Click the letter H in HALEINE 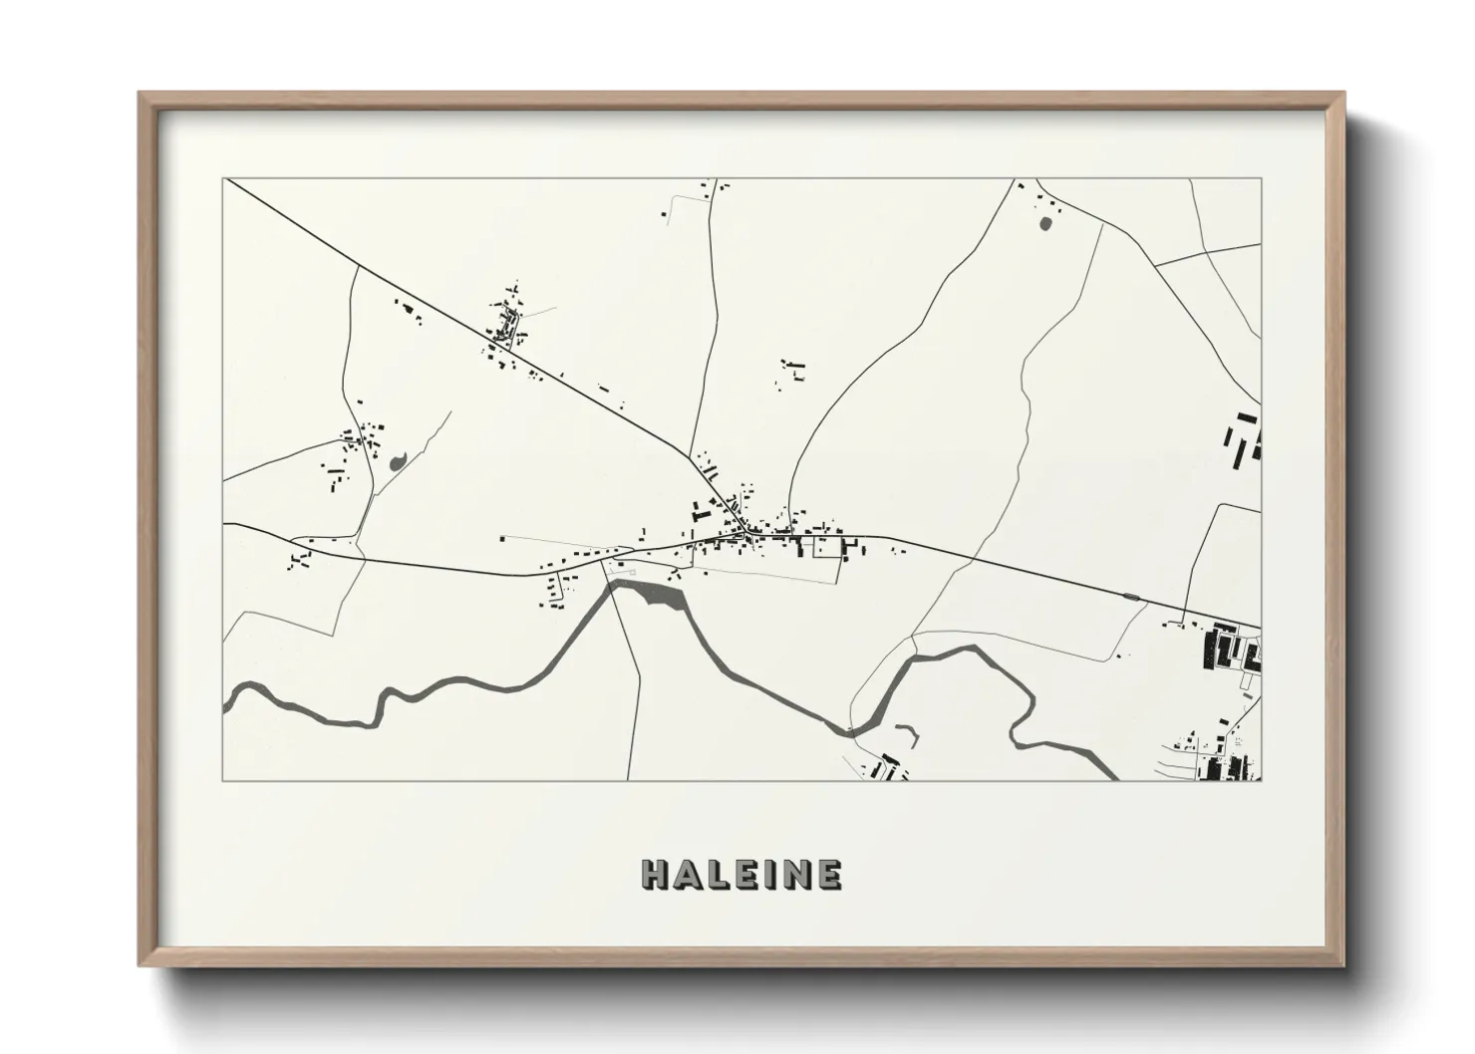pos(655,875)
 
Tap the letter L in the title pos(714,875)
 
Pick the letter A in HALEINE pos(685,875)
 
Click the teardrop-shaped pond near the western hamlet pos(398,460)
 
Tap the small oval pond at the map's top pos(1044,224)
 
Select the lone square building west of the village pos(502,539)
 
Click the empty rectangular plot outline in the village pos(827,547)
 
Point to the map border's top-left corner pos(224,179)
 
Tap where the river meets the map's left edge pos(226,700)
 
